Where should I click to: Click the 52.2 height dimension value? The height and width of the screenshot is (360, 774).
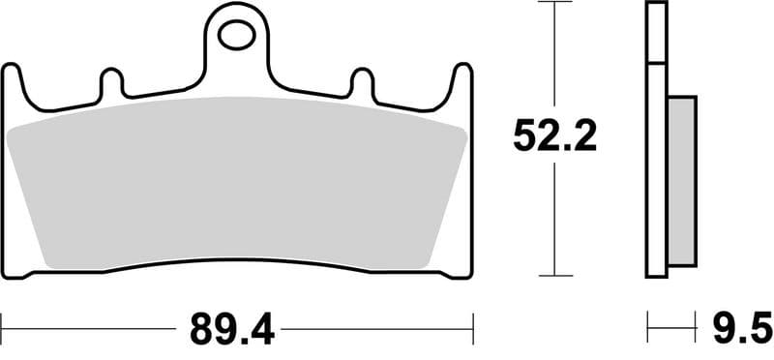[554, 137]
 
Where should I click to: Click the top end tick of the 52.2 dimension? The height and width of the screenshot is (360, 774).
[554, 4]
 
